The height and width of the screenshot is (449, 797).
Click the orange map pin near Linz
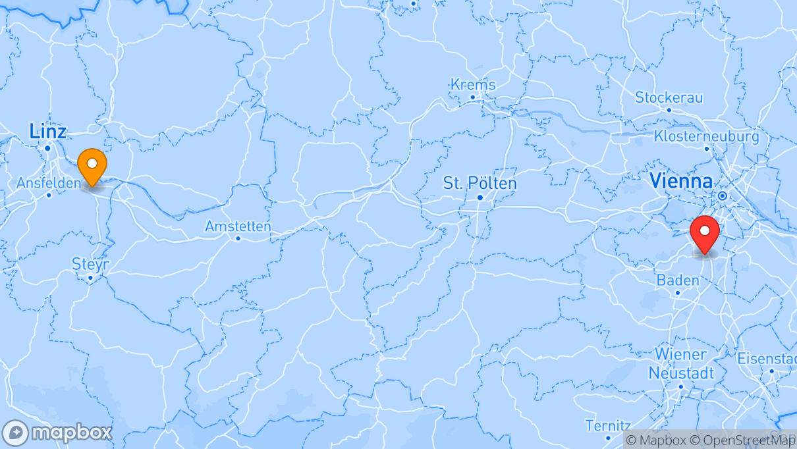point(92,163)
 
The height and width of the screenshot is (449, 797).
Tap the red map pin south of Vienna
point(705,232)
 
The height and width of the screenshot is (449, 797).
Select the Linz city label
point(47,132)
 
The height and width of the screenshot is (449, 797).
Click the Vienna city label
point(681,181)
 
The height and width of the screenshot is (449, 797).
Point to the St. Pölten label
point(480,182)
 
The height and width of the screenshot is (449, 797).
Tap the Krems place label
point(472,84)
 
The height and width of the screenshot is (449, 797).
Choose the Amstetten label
point(238,226)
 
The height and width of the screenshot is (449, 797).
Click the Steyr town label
point(90,264)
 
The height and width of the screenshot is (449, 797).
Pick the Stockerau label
point(669,97)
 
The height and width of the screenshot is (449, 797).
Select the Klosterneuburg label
point(706,136)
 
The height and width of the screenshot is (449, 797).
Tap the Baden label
point(678,280)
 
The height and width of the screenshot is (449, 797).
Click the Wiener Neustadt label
point(680,363)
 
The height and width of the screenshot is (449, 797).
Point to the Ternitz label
point(608,425)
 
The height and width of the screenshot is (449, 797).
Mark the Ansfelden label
point(49,182)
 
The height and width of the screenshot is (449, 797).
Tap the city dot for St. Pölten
point(480,198)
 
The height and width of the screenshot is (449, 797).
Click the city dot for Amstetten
point(238,238)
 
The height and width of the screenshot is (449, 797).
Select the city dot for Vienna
point(722,196)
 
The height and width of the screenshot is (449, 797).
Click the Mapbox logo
point(57,433)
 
